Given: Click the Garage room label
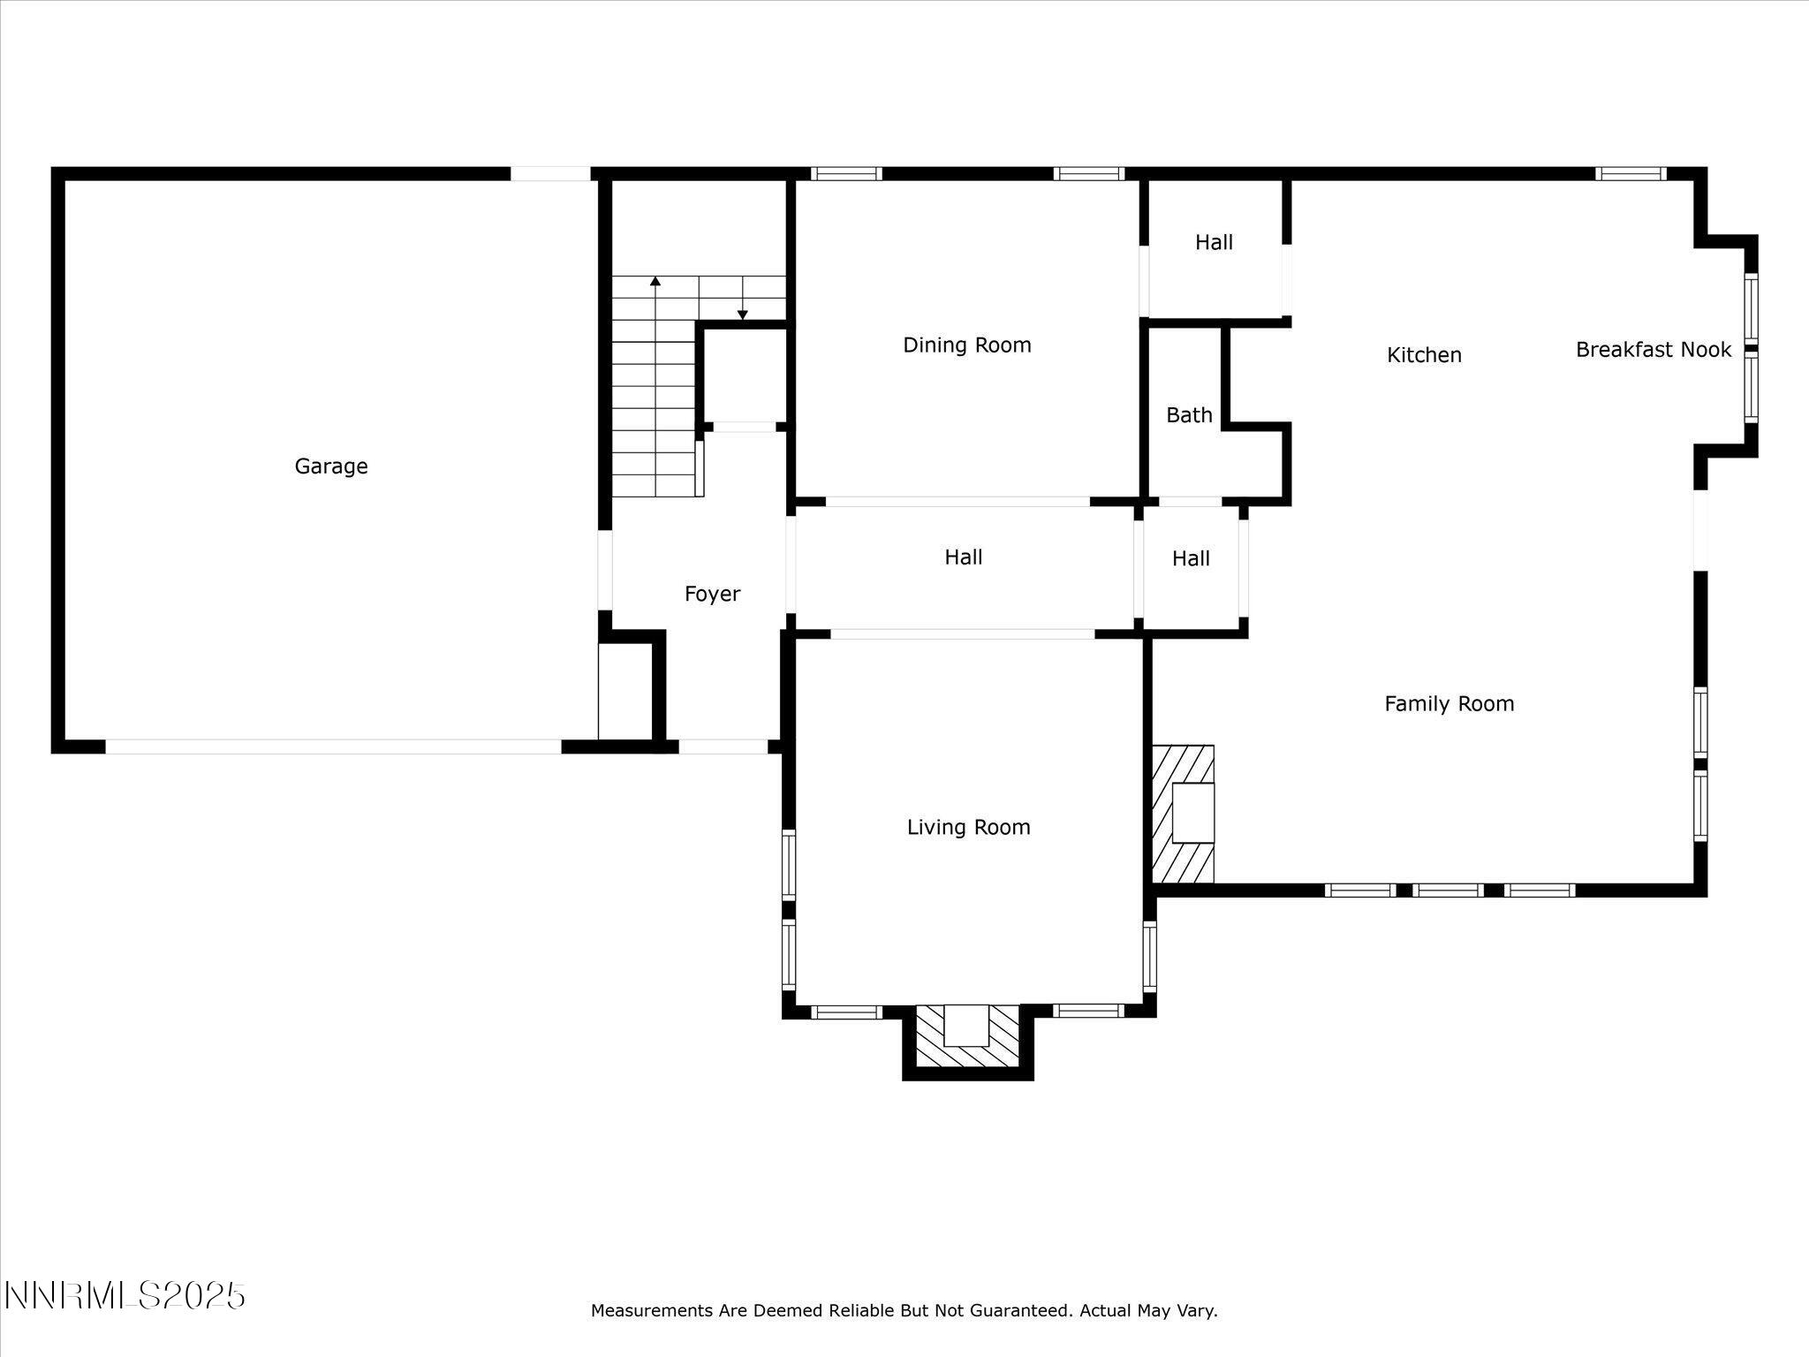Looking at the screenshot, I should pyautogui.click(x=331, y=466).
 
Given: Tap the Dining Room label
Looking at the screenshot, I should pyautogui.click(x=966, y=345).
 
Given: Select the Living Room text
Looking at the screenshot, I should pyautogui.click(x=968, y=828).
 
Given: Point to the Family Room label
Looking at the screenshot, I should pyautogui.click(x=1449, y=704).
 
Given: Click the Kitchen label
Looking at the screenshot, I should pyautogui.click(x=1424, y=355).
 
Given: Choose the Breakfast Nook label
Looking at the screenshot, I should pyautogui.click(x=1653, y=350).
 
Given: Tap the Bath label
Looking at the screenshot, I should pyautogui.click(x=1189, y=415).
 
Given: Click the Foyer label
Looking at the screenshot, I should pyautogui.click(x=712, y=595).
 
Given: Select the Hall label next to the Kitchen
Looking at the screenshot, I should pyautogui.click(x=1214, y=243).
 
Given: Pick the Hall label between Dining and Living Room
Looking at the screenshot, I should pyautogui.click(x=963, y=557).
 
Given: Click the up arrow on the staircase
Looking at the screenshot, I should pyautogui.click(x=655, y=282).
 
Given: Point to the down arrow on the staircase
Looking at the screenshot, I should pyautogui.click(x=743, y=315).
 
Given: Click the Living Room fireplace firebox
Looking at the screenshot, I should pyautogui.click(x=966, y=1025).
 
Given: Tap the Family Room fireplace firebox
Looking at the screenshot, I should pyautogui.click(x=1192, y=813).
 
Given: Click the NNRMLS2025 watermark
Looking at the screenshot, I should pyautogui.click(x=125, y=1296).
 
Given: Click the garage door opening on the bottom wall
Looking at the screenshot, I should pyautogui.click(x=333, y=747).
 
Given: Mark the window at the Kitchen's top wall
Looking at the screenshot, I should pyautogui.click(x=1631, y=174).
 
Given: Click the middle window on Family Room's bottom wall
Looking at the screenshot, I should pyautogui.click(x=1447, y=890).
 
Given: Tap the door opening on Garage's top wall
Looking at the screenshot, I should pyautogui.click(x=550, y=174).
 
